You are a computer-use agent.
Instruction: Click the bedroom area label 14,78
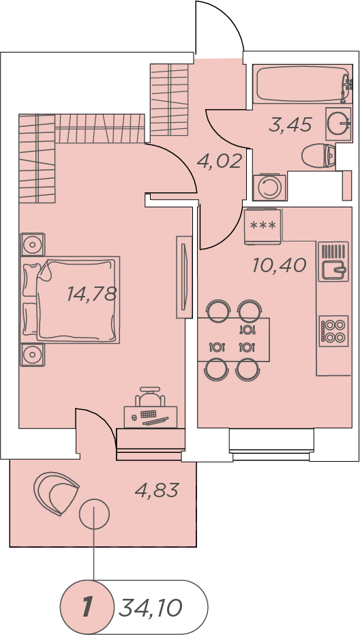tap(92, 294)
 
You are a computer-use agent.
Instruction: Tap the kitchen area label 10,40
tap(279, 266)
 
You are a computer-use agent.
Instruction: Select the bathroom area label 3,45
tap(290, 125)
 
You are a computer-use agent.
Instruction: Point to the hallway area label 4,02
tap(219, 161)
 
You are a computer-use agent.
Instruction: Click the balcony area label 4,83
tap(157, 490)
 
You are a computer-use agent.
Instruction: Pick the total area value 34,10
tap(150, 608)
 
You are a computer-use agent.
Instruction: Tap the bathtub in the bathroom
tap(302, 85)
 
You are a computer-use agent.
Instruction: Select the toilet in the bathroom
tap(318, 156)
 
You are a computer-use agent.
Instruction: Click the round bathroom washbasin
tap(338, 123)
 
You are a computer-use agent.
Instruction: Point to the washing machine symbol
tap(270, 187)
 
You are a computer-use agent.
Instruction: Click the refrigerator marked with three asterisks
tap(263, 226)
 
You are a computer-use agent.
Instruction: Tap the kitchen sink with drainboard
tap(333, 262)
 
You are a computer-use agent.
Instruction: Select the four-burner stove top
tap(333, 330)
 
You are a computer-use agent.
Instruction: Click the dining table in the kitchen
tap(233, 340)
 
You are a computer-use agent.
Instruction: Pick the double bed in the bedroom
tap(70, 299)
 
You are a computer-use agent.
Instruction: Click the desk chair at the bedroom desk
tap(150, 396)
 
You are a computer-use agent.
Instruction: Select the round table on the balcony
tap(94, 514)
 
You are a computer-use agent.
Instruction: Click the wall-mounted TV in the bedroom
tap(183, 277)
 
